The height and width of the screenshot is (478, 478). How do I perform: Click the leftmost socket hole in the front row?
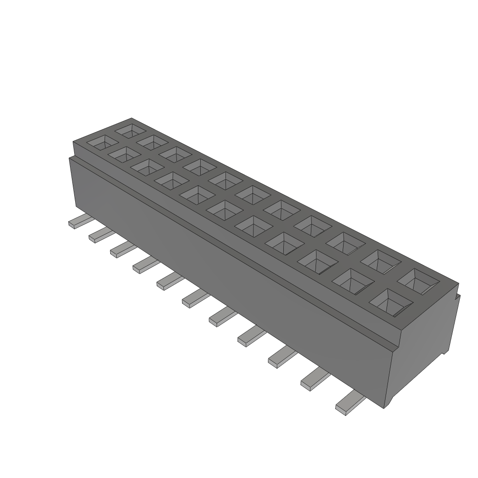(x=100, y=143)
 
